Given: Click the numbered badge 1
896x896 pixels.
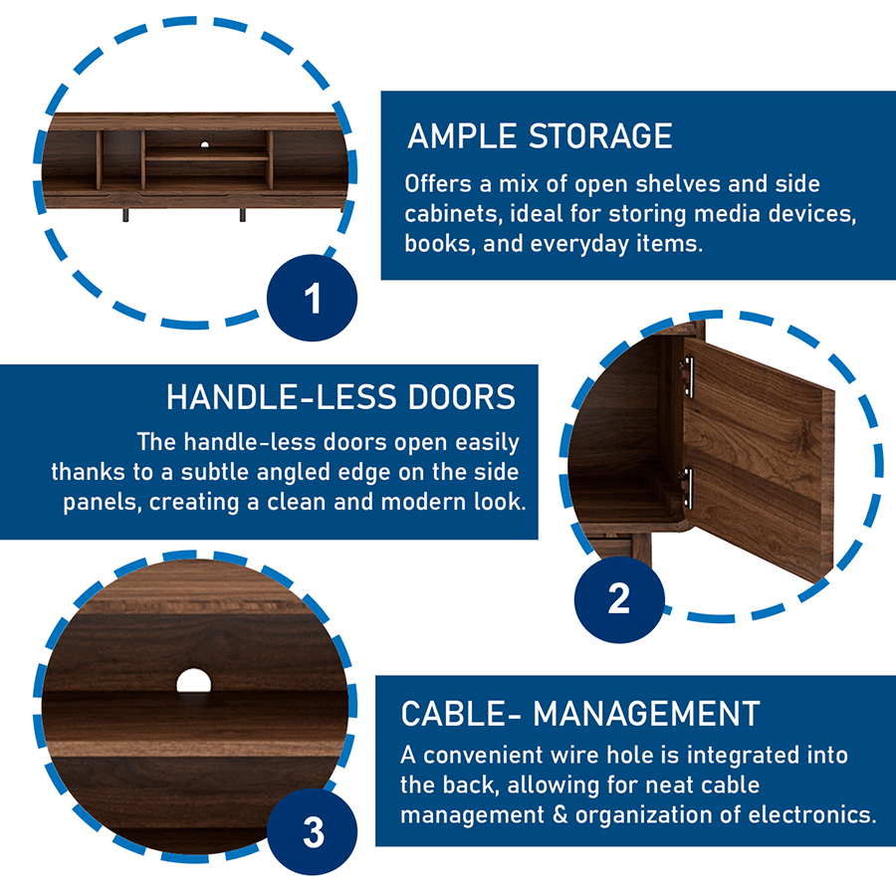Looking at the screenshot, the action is [312, 298].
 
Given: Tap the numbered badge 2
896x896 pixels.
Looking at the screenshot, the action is [619, 599].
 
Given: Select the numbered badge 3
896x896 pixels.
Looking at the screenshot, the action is [313, 831].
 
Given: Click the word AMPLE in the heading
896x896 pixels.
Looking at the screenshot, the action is [462, 136].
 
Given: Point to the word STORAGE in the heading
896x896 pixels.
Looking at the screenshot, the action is [600, 136].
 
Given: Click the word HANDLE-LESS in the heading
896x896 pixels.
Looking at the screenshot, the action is [281, 397].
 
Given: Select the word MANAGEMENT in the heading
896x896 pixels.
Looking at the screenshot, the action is [646, 714].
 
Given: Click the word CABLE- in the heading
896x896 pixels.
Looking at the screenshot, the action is [461, 714].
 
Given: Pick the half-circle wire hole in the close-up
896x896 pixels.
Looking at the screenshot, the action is [194, 681].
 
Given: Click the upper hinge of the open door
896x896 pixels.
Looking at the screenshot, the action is [687, 376].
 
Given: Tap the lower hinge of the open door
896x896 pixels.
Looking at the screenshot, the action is [686, 489].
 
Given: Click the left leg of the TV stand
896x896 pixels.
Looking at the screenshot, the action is [125, 215].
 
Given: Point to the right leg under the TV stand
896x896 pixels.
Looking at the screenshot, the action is [243, 215].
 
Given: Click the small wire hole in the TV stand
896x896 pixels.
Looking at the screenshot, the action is [204, 144].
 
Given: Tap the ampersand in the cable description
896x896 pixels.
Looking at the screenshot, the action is [560, 814].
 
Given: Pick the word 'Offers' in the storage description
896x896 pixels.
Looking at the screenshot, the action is [438, 184].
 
